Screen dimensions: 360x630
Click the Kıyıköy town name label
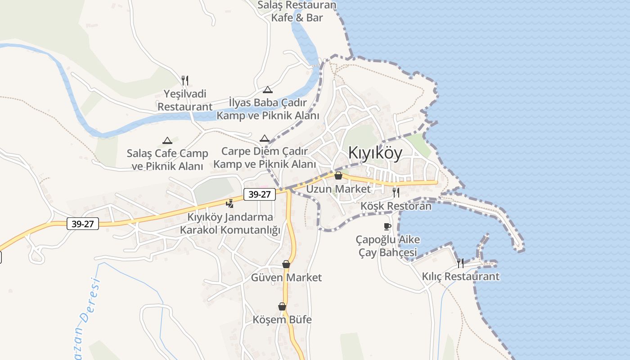pos(375,153)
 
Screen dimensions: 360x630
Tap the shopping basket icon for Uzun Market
pos(338,175)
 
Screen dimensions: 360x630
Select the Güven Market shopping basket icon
pos(286,264)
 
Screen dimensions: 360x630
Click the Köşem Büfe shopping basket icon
pos(282,306)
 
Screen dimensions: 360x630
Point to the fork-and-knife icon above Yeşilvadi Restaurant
pos(185,81)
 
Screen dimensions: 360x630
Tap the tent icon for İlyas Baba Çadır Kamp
pos(268,90)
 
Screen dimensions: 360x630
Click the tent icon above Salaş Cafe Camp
pos(167,140)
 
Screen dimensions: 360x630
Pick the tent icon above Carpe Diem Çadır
pos(265,138)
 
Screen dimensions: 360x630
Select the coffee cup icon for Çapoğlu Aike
pos(387,226)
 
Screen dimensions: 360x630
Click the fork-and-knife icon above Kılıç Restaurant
pos(460,263)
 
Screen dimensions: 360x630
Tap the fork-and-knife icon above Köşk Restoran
pos(396,193)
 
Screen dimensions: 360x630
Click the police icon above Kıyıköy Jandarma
pos(230,203)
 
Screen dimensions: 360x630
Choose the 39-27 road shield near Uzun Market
pos(260,194)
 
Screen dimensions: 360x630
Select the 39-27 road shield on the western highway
pos(83,223)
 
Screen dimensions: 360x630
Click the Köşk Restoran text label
pos(396,206)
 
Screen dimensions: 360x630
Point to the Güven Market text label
pos(286,277)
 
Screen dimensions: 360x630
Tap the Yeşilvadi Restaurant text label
pos(185,100)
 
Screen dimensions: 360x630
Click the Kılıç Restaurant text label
pos(460,276)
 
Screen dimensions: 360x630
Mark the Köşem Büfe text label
pos(282,319)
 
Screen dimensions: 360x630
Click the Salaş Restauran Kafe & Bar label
pos(297,11)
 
